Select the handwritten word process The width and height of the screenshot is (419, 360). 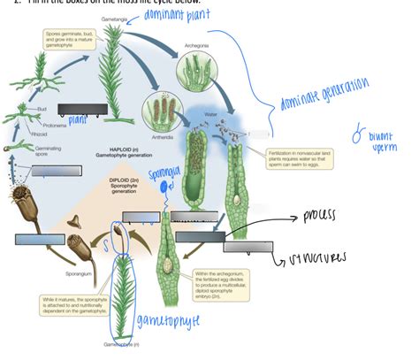327,215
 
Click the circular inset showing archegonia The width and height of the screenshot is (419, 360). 195,73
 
